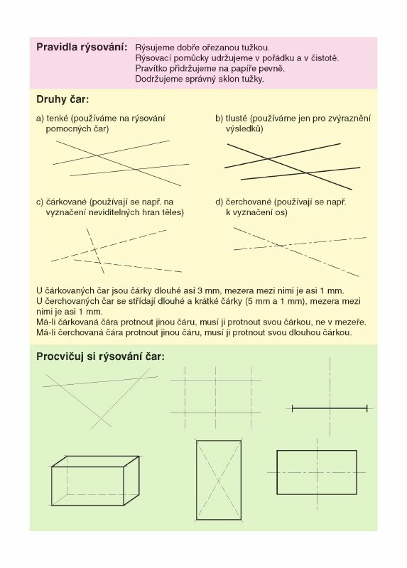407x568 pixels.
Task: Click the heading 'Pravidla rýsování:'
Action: click(82, 48)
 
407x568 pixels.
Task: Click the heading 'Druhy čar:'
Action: click(63, 99)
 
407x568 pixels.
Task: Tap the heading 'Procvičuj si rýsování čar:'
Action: click(100, 357)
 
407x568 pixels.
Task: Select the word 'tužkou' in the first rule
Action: click(257, 48)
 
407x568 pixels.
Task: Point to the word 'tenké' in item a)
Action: click(58, 118)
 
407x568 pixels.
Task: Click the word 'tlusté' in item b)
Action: click(237, 118)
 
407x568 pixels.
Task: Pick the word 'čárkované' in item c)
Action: click(66, 202)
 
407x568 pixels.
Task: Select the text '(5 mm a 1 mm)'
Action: click(274, 301)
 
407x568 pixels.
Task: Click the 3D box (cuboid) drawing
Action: click(95, 481)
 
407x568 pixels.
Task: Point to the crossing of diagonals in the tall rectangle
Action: click(219, 481)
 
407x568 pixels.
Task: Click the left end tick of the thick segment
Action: click(292, 409)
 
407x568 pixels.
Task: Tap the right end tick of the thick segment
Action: click(367, 409)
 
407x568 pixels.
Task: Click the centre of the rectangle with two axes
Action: click(317, 472)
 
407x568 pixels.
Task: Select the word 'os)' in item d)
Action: click(281, 212)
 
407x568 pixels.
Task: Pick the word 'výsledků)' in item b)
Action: click(244, 129)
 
